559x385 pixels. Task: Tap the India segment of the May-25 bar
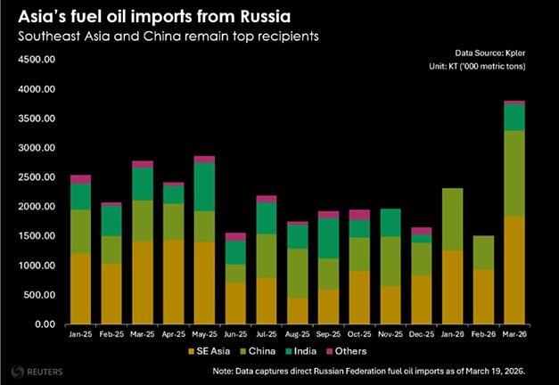(x=204, y=186)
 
